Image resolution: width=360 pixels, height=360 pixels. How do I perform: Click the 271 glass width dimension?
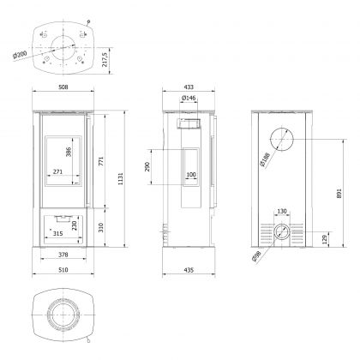[58, 172]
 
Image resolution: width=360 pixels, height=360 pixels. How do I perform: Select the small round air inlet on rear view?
[280, 231]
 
